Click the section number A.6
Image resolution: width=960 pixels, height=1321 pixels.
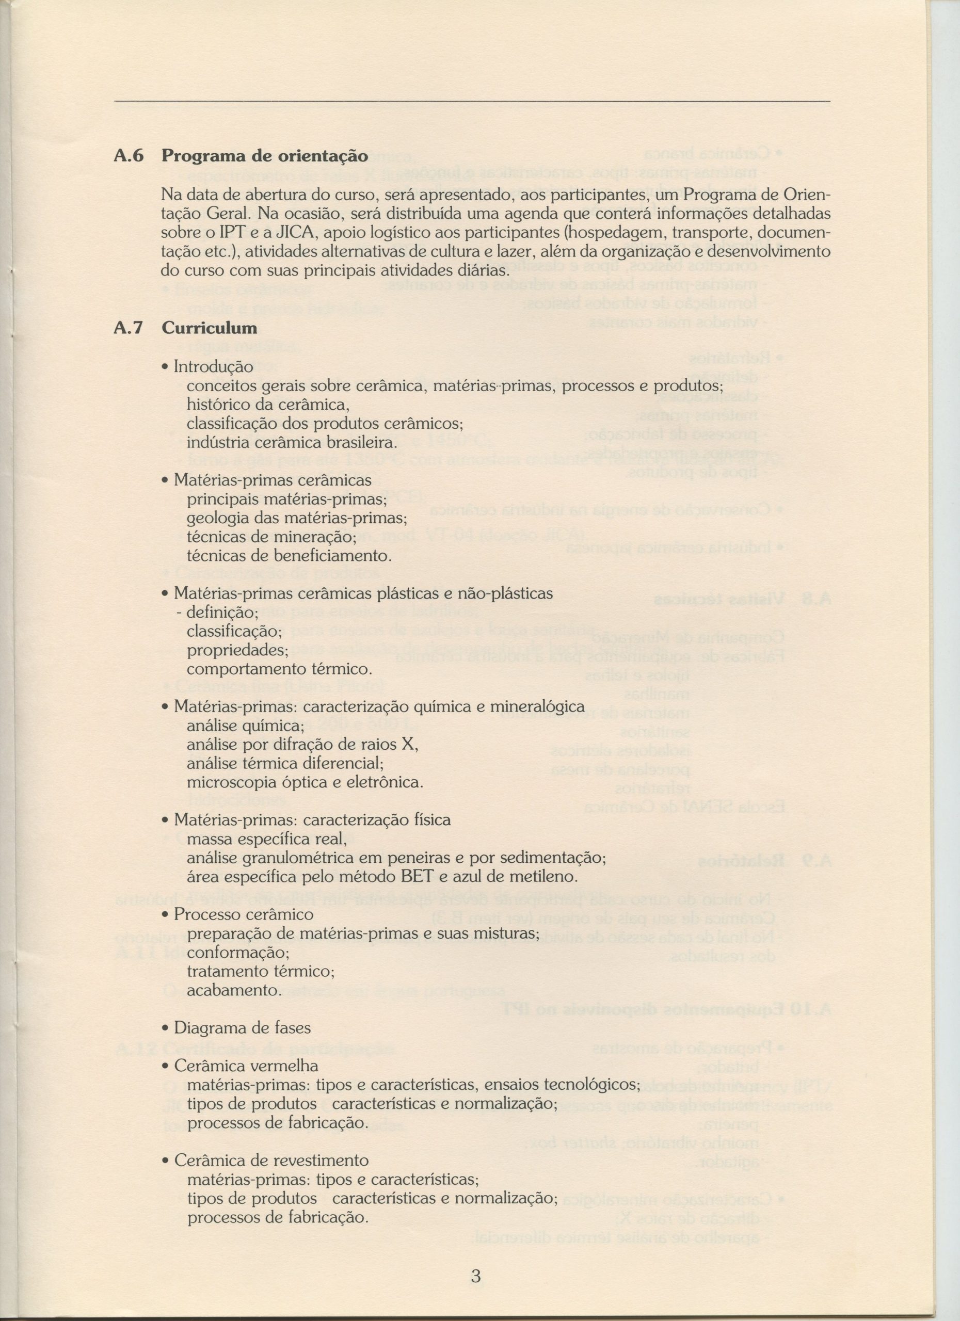128,156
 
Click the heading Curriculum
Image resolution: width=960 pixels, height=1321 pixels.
209,328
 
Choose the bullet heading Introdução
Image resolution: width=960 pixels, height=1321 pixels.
214,367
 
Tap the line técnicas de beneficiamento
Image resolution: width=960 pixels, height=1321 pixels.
290,556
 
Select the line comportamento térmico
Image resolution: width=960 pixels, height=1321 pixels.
279,669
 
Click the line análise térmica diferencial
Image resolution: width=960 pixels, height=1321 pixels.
285,763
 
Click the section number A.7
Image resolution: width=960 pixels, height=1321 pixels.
128,328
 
